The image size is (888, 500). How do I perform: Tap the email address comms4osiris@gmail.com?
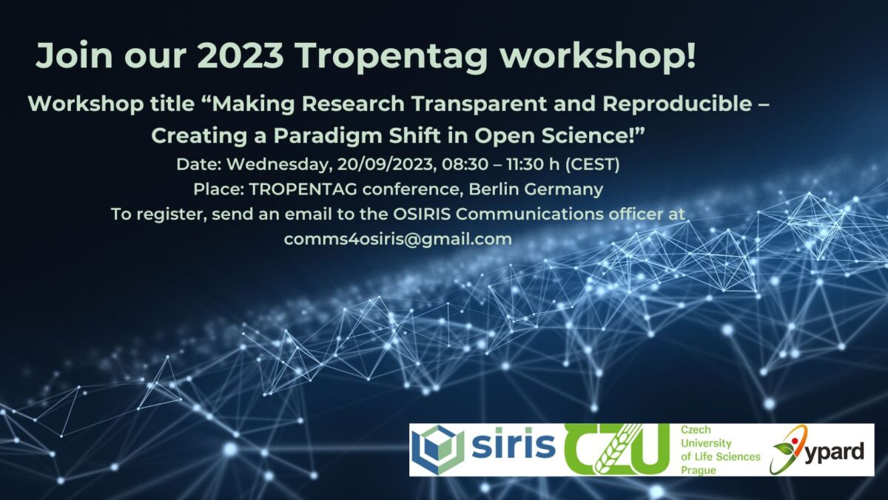[398, 240]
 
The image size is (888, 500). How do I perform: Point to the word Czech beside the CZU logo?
[696, 430]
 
